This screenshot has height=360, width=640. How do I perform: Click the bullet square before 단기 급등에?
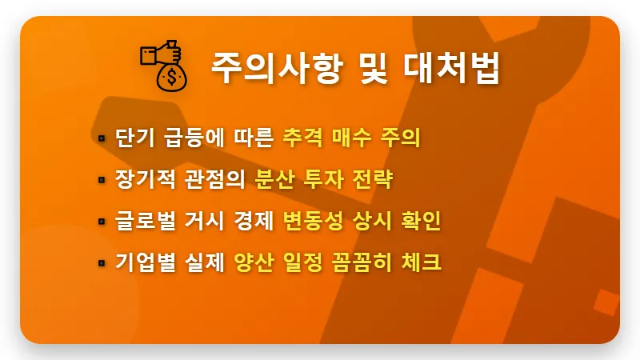tap(102, 138)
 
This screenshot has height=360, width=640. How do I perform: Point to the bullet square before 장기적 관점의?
tap(102, 180)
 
